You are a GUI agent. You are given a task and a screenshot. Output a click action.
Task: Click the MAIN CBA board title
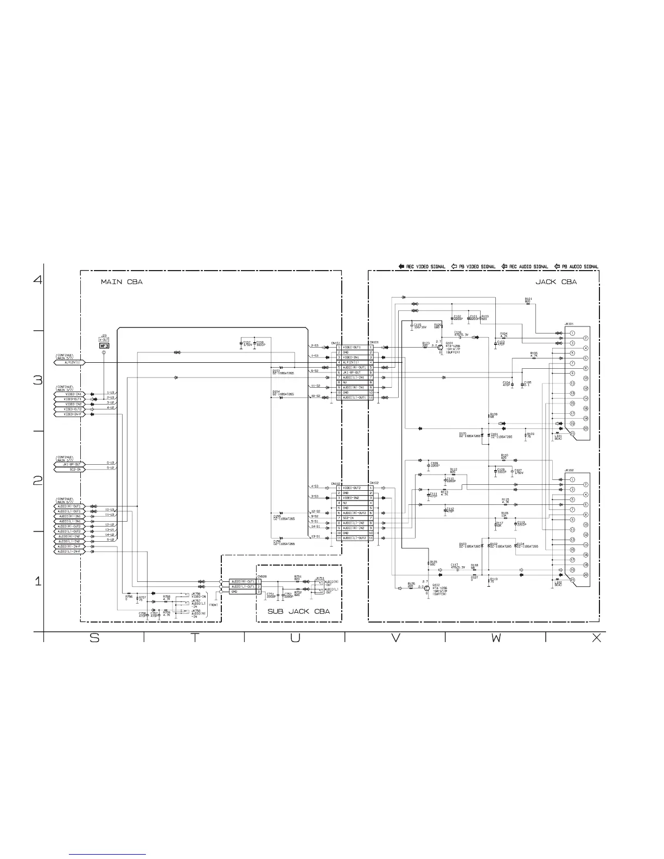coord(122,282)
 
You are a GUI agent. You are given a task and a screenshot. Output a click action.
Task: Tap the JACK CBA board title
coord(556,281)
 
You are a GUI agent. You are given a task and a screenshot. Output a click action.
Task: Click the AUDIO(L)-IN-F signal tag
coord(70,552)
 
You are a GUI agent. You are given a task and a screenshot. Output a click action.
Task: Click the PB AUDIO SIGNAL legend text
coord(580,267)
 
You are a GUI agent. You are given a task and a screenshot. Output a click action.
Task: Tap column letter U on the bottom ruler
coord(295,638)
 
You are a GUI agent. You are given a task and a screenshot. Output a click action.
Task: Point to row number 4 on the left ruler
coord(37,280)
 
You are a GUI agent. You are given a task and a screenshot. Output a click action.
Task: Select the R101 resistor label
coord(528,299)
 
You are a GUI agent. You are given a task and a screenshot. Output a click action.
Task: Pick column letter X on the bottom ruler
coord(596,638)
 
